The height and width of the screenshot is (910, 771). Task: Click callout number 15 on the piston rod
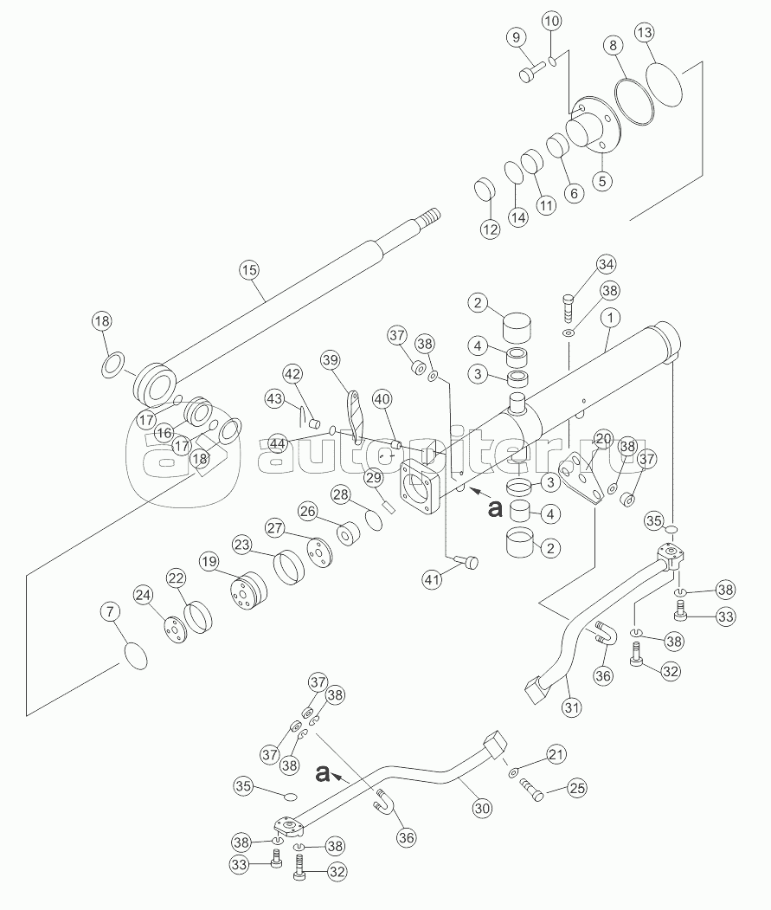pos(249,270)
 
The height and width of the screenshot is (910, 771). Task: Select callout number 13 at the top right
pos(644,33)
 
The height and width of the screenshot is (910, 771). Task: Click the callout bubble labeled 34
pos(606,264)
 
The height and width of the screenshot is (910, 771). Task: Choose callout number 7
pos(109,612)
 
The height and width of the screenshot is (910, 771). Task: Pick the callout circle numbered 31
pos(569,707)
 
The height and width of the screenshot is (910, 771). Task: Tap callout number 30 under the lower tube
pos(481,808)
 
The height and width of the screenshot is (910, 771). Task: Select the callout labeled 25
pos(577,788)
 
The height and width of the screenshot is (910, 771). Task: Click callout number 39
pos(330,359)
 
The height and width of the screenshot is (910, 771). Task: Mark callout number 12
pos(490,229)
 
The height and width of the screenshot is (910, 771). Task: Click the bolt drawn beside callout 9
pos(528,74)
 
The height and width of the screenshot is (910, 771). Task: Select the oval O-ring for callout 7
pos(135,655)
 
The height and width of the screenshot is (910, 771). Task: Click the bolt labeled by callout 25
pos(530,787)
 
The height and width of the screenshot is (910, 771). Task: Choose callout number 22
pos(177,578)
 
